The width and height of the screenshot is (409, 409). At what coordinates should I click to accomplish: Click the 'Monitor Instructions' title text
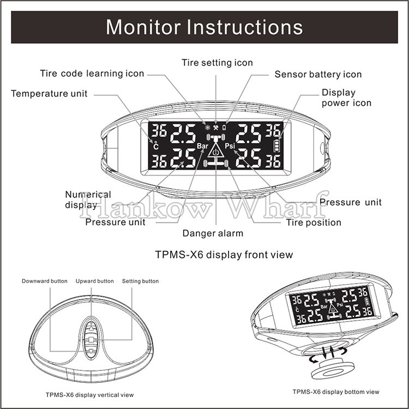coord(204,26)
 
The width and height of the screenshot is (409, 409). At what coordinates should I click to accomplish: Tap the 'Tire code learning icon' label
coord(92,74)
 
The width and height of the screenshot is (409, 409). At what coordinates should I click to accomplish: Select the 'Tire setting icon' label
coord(217,63)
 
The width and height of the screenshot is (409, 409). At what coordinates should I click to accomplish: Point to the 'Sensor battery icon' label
coord(318,74)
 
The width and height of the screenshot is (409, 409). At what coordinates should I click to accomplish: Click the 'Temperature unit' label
coord(49,93)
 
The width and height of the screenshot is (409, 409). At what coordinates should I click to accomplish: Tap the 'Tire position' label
coord(314,222)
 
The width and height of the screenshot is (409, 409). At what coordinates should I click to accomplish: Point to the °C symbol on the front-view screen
coord(155,147)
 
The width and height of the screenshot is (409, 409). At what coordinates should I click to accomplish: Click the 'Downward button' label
coord(45,281)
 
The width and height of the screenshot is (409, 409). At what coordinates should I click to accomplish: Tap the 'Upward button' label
coord(95,281)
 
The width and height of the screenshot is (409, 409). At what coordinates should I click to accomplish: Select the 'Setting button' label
coord(140,281)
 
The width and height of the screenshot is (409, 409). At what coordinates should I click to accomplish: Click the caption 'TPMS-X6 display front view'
coord(224,255)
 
